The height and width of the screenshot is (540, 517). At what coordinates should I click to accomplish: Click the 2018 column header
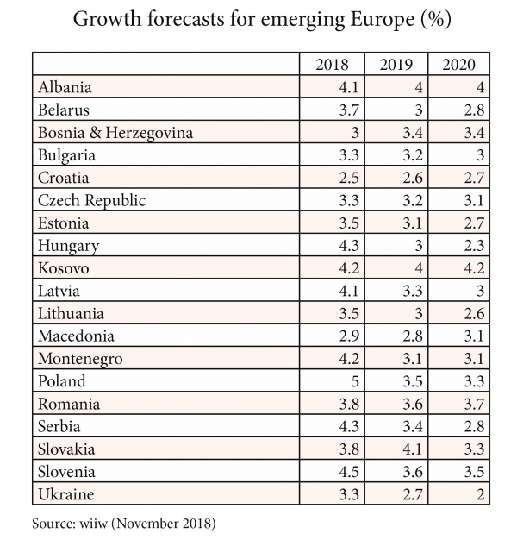pos(333,65)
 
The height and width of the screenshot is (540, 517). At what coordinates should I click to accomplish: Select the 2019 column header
pos(396,65)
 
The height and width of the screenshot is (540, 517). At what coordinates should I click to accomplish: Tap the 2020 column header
pos(458,65)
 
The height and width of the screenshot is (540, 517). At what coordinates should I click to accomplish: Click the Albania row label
pos(65,87)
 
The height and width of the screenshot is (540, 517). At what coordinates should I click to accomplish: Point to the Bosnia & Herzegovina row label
pos(115,133)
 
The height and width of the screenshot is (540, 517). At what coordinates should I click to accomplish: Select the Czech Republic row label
pos(92,200)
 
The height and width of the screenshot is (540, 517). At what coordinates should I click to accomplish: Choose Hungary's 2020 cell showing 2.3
pos(475,246)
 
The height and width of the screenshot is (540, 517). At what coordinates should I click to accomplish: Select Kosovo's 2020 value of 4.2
pos(475,268)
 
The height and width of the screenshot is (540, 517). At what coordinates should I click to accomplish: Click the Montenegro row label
pos(80,359)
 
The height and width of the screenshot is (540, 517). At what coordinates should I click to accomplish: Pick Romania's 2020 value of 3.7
pos(475,404)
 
